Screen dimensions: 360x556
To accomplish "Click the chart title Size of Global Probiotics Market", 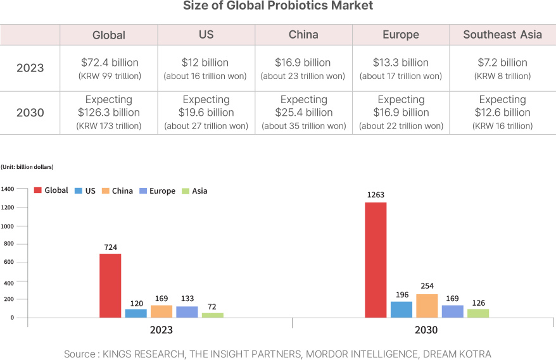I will click(278, 6).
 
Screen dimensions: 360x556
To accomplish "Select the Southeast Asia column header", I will click(502, 35).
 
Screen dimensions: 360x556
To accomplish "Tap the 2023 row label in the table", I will click(30, 68).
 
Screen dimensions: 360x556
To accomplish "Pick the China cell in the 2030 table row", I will click(304, 113).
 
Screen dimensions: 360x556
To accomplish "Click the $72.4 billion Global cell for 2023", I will click(110, 68).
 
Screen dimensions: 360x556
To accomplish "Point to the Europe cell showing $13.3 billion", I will click(401, 68).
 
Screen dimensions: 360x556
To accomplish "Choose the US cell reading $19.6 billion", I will click(206, 113).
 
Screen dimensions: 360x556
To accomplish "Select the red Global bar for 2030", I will click(376, 259).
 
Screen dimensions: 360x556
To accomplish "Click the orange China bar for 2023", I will click(161, 311).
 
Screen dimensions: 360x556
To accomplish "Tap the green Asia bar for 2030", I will click(478, 313).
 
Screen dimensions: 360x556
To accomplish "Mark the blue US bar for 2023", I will click(136, 313).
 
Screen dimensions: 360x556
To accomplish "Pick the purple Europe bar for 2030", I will click(453, 311).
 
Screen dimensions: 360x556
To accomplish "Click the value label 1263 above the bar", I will click(376, 195).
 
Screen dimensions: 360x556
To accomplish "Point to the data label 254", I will click(427, 286).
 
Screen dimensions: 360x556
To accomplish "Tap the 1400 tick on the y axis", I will click(8, 189).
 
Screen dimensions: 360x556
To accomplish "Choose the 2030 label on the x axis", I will click(426, 330).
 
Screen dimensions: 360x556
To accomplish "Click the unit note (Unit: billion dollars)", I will click(27, 167).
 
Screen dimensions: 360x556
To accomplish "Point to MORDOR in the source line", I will click(329, 354).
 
